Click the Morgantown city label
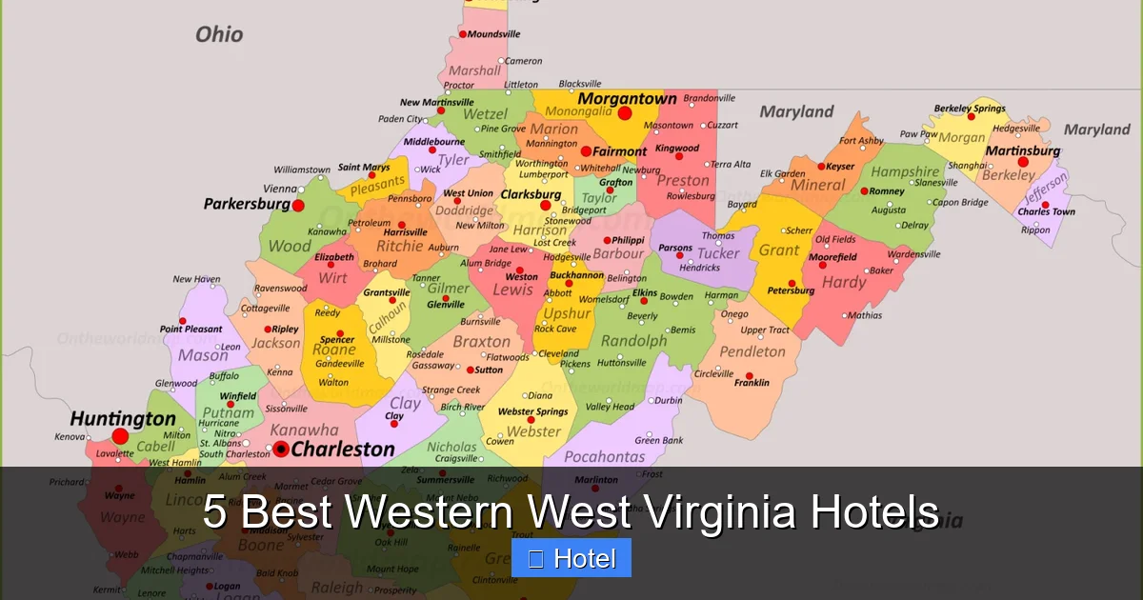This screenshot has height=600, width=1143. (x=627, y=98)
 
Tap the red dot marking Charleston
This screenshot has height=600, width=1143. (x=281, y=449)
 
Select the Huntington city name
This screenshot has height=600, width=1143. (x=123, y=419)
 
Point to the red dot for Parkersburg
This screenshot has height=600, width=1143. (x=298, y=205)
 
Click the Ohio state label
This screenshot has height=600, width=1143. (x=219, y=34)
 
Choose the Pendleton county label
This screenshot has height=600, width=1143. (x=752, y=351)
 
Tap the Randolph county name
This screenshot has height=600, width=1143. (x=634, y=341)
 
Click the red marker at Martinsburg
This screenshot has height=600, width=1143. (x=1022, y=162)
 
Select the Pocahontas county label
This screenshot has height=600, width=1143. (x=605, y=457)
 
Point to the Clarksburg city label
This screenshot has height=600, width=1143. (x=531, y=194)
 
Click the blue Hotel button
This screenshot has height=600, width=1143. (x=571, y=558)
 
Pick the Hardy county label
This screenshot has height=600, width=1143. (x=844, y=282)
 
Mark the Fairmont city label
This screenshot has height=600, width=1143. (x=619, y=151)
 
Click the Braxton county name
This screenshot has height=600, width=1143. (x=482, y=341)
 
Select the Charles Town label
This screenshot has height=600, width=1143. (x=1046, y=212)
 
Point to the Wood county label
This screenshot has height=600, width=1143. (x=289, y=246)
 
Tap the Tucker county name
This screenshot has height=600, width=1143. (x=717, y=253)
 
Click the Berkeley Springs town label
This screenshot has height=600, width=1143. (x=970, y=109)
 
